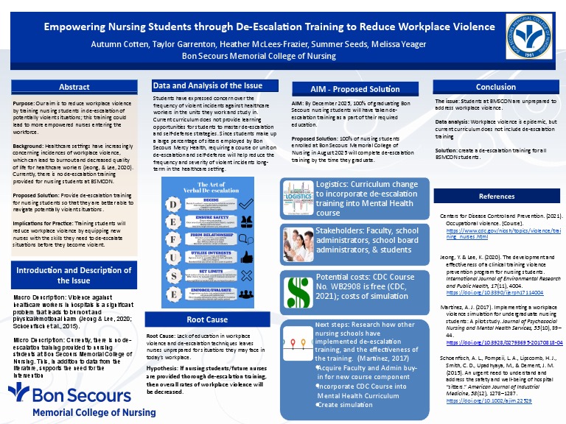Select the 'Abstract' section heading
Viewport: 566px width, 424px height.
pyautogui.click(x=74, y=87)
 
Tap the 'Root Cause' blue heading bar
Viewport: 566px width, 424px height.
pyautogui.click(x=206, y=320)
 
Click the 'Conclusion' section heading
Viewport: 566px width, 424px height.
pyautogui.click(x=496, y=87)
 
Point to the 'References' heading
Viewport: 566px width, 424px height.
pyautogui.click(x=496, y=197)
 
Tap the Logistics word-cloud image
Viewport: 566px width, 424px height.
pyautogui.click(x=298, y=197)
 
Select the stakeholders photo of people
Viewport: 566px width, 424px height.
pyautogui.click(x=298, y=242)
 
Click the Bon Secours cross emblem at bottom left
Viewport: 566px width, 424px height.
pyautogui.click(x=22, y=396)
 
